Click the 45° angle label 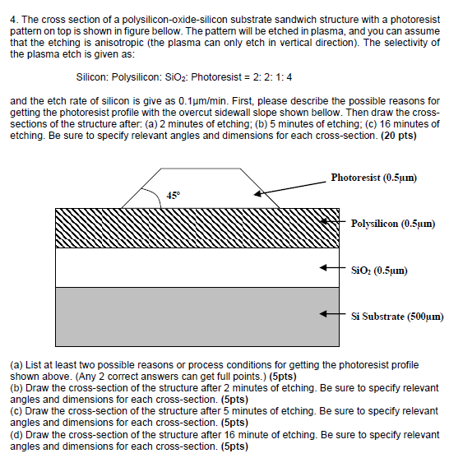pos(173,196)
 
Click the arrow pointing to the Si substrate pos(331,315)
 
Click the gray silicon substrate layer pos(197,317)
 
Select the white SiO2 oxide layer pos(197,268)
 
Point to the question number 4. pos(13,19)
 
